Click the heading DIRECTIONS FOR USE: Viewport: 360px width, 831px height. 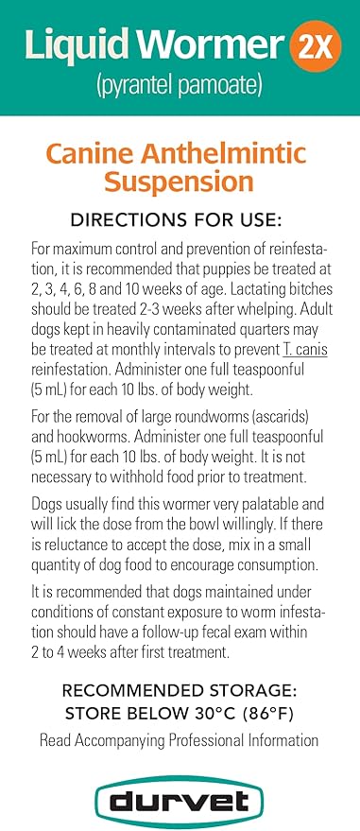[180, 220]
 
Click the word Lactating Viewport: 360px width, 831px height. [232, 303]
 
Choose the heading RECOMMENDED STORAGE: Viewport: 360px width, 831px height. [180, 691]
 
